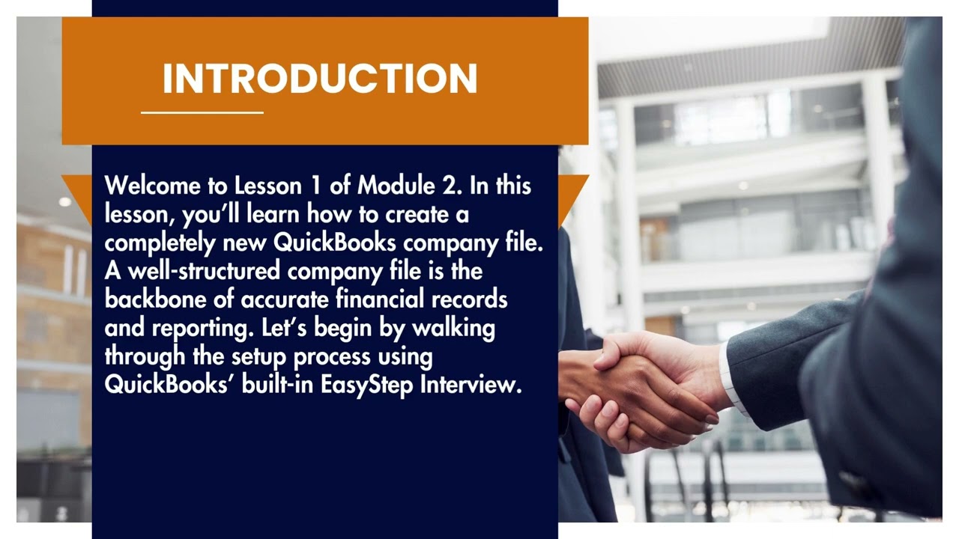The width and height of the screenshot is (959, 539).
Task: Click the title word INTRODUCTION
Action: tap(320, 79)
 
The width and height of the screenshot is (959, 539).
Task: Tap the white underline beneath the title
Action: tap(202, 112)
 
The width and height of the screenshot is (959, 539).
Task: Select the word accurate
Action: tap(285, 299)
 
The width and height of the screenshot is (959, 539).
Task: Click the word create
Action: tap(420, 215)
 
